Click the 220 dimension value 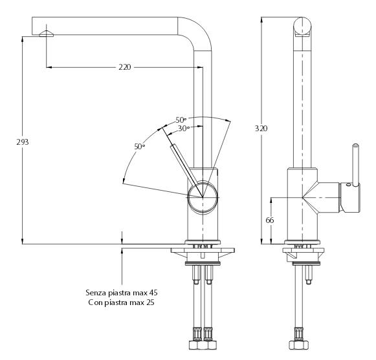pyautogui.click(x=125, y=67)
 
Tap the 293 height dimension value pyautogui.click(x=23, y=142)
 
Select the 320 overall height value pyautogui.click(x=261, y=129)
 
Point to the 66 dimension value pyautogui.click(x=270, y=220)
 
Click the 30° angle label pyautogui.click(x=184, y=129)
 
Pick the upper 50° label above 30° pyautogui.click(x=181, y=120)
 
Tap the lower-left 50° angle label pyautogui.click(x=140, y=146)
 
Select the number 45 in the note pyautogui.click(x=153, y=292)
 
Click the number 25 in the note pyautogui.click(x=150, y=302)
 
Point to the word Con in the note pyautogui.click(x=94, y=302)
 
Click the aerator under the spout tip pyautogui.click(x=47, y=34)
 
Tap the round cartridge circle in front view pyautogui.click(x=203, y=197)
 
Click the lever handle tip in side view pyautogui.click(x=355, y=146)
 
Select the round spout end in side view pyautogui.click(x=302, y=26)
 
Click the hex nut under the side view pyautogui.click(x=298, y=344)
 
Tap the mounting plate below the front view pyautogui.click(x=203, y=251)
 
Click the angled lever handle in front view pyautogui.click(x=184, y=165)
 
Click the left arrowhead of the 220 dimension pyautogui.click(x=49, y=67)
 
